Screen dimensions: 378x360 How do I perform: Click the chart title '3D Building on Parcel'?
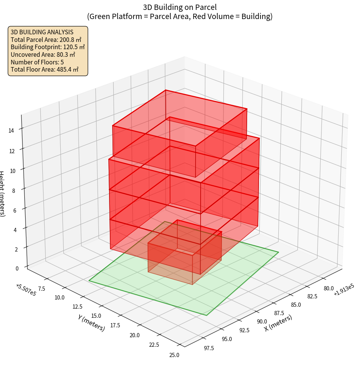click(x=180, y=7)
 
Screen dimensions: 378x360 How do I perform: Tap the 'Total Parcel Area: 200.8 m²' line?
click(x=46, y=39)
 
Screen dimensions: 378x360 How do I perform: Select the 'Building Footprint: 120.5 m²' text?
click(x=48, y=47)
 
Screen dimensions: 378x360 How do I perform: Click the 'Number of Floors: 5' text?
click(x=37, y=62)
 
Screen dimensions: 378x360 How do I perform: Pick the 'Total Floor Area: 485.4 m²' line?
click(x=45, y=69)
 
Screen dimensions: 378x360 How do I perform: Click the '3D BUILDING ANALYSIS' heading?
click(x=42, y=32)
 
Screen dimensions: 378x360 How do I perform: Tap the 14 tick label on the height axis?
click(x=11, y=131)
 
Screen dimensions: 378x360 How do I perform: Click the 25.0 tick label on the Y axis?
click(x=174, y=355)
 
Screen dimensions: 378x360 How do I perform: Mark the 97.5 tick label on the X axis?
click(x=209, y=348)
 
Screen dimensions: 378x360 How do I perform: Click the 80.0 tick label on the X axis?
click(x=328, y=288)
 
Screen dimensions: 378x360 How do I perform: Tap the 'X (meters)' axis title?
click(x=278, y=323)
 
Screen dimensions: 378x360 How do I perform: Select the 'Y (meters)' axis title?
click(x=92, y=322)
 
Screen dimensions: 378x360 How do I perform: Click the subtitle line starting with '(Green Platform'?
click(x=180, y=16)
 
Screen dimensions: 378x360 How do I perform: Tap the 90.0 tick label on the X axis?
click(x=262, y=322)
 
